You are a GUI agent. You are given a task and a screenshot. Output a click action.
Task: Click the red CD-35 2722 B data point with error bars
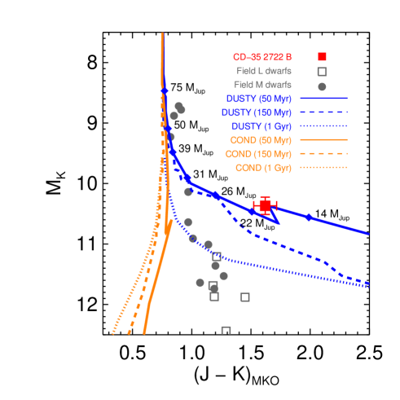coord(265,205)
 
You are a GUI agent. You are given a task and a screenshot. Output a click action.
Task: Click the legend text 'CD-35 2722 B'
coord(262,56)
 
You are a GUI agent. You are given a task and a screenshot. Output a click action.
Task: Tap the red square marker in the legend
coord(322,56)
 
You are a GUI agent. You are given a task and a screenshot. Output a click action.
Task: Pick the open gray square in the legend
coord(322,71)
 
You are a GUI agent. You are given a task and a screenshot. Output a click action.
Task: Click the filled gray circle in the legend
coord(322,85)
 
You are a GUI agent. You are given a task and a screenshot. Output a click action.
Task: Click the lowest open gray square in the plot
coord(226,330)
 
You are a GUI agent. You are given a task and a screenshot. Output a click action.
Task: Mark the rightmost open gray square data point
coord(244,297)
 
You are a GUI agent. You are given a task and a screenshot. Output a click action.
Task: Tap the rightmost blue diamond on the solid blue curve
coord(308,217)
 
